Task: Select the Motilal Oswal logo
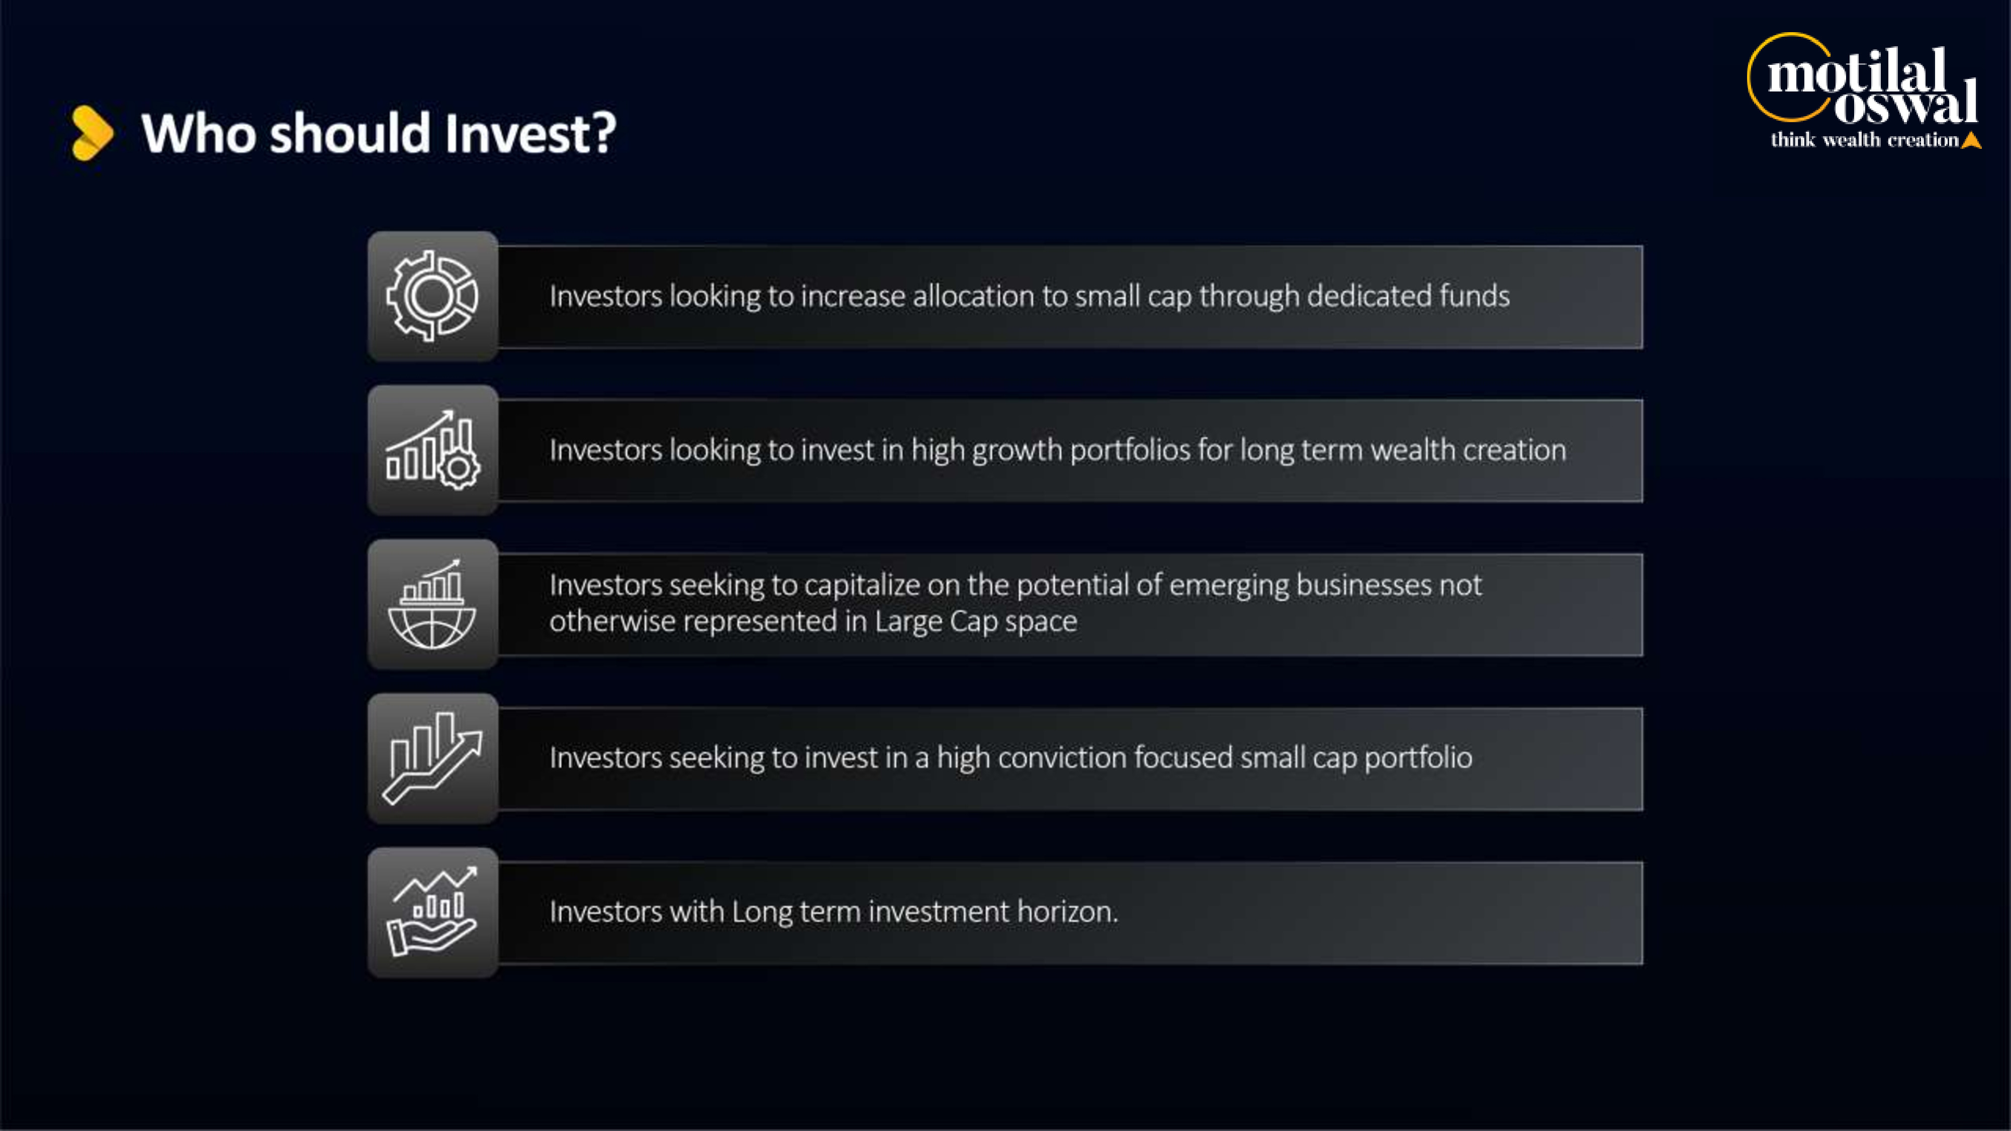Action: click(x=1864, y=90)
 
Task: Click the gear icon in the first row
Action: click(x=432, y=296)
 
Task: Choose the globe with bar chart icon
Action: click(x=432, y=604)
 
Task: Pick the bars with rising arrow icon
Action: click(x=432, y=758)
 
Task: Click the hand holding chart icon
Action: click(x=432, y=912)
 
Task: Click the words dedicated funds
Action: click(x=1408, y=297)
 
